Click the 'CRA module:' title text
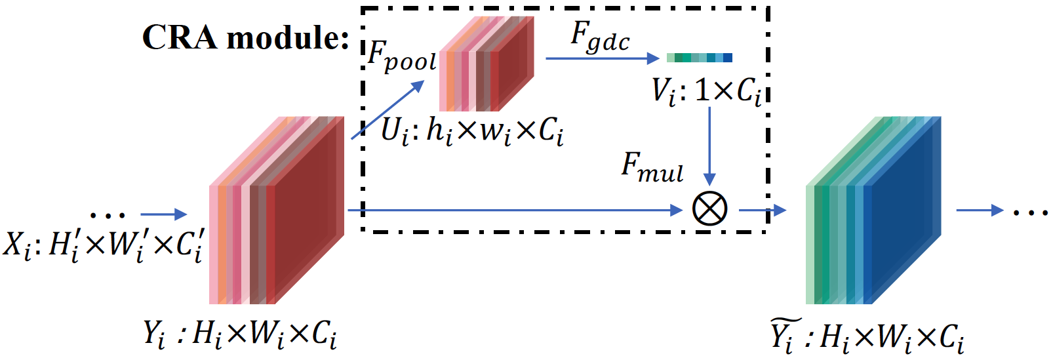[x=245, y=37]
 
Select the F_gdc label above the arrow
[x=600, y=36]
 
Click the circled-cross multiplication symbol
[x=709, y=210]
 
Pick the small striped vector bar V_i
[x=699, y=58]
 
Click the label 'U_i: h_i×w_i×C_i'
[x=472, y=131]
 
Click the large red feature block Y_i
[x=277, y=210]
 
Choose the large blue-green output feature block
[x=873, y=210]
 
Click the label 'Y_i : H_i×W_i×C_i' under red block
[x=240, y=334]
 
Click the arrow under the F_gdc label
[x=602, y=58]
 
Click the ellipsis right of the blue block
[x=1031, y=212]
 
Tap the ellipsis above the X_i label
[x=107, y=214]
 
